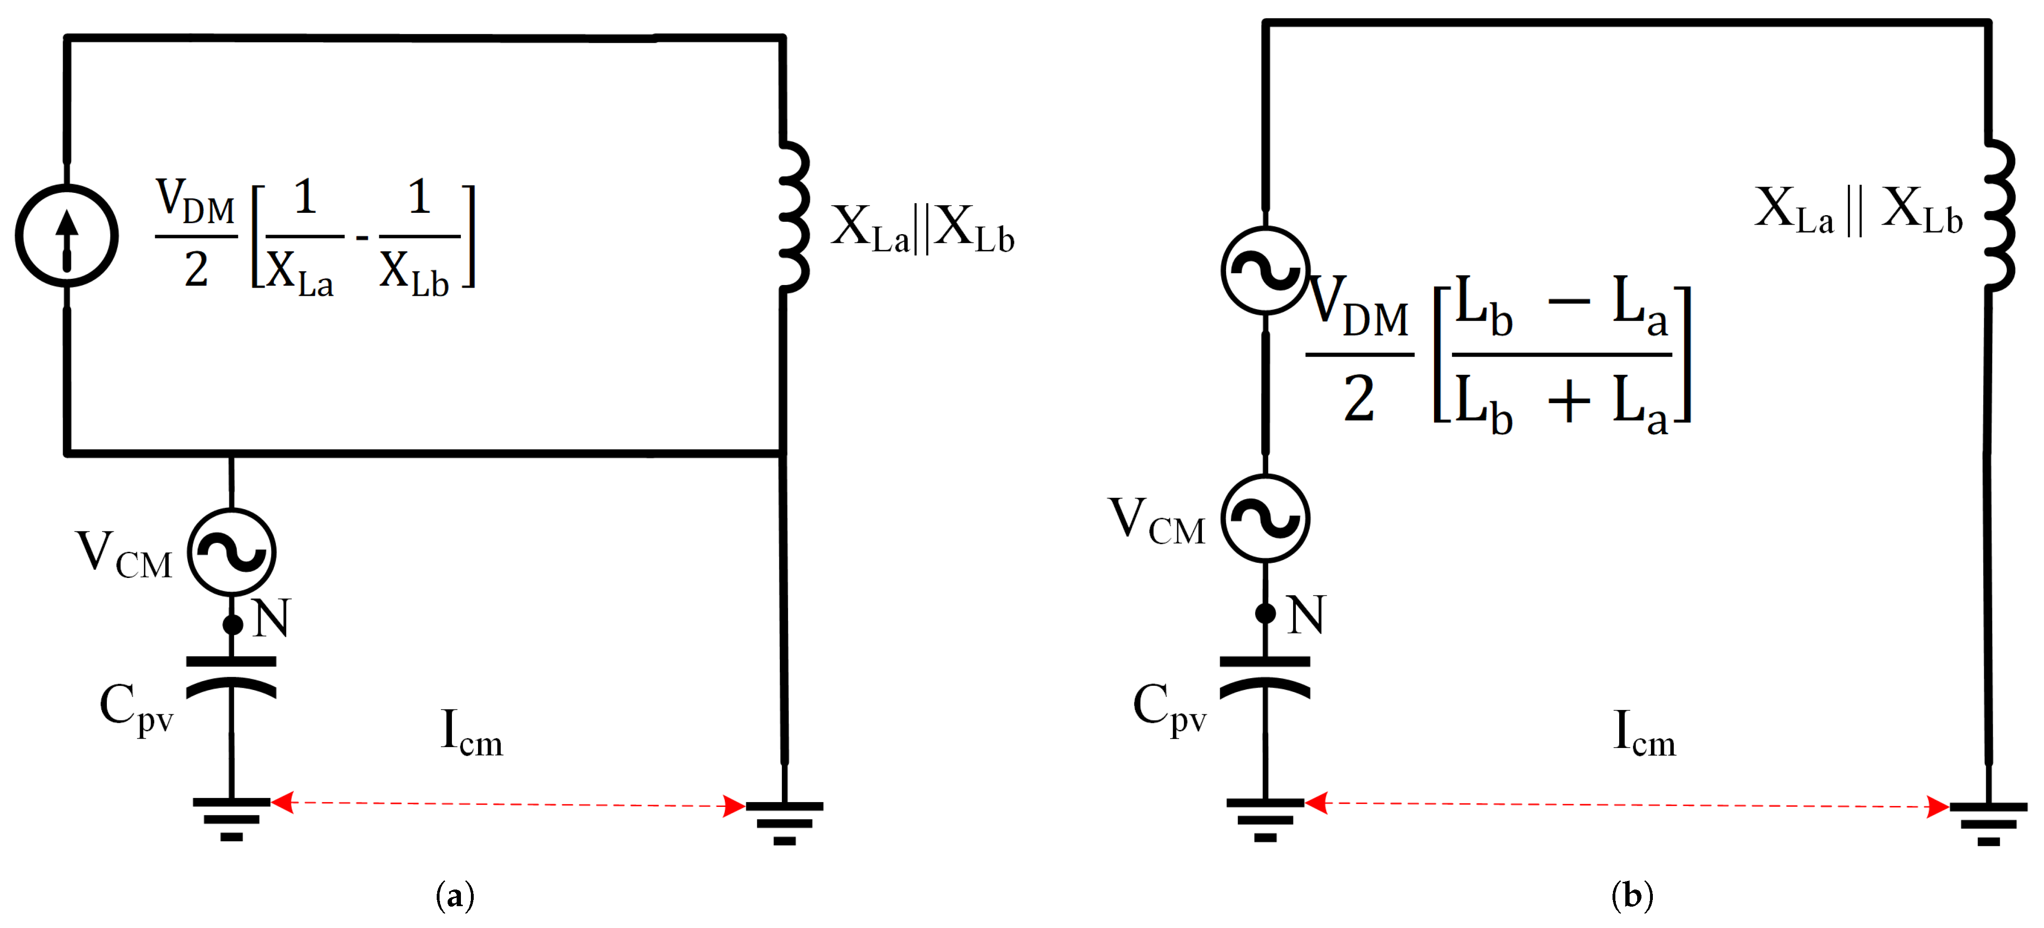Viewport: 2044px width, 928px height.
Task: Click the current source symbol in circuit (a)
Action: pyautogui.click(x=66, y=236)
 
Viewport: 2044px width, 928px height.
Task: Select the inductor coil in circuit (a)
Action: pyautogui.click(x=794, y=216)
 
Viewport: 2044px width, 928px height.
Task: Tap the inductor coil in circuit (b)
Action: pyautogui.click(x=1999, y=216)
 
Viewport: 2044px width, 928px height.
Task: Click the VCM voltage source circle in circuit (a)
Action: pyautogui.click(x=232, y=552)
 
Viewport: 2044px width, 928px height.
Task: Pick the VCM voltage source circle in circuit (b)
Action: pyautogui.click(x=1265, y=518)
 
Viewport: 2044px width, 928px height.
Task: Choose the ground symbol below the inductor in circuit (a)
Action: pyautogui.click(x=784, y=822)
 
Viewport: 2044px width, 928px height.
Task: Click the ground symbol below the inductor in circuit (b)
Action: pyautogui.click(x=1988, y=822)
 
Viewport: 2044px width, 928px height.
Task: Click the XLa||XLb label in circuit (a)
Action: pyautogui.click(x=922, y=228)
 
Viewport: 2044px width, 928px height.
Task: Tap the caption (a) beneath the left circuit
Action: pyautogui.click(x=455, y=895)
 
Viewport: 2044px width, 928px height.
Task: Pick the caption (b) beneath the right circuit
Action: pyautogui.click(x=1632, y=895)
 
